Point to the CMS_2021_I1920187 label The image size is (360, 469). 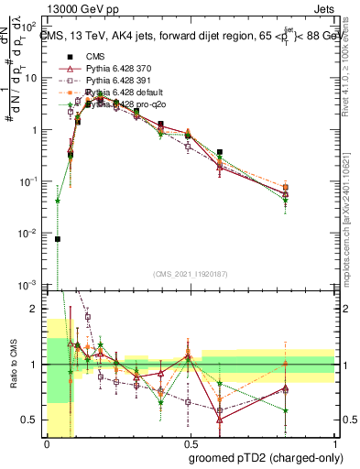191,275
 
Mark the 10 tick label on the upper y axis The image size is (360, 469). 32,77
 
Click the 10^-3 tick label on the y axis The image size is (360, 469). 28,286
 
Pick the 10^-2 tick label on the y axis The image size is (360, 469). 28,234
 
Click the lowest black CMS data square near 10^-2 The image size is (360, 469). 58,239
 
